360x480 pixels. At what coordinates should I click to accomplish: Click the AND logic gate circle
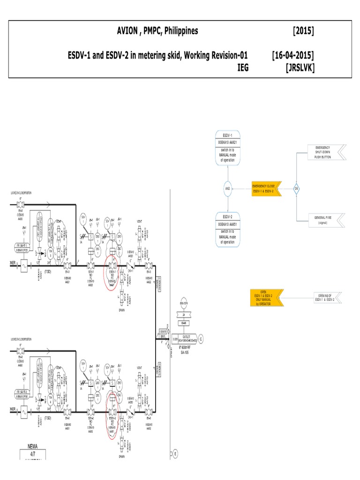tap(228, 188)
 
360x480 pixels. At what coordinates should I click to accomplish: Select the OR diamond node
tap(296, 188)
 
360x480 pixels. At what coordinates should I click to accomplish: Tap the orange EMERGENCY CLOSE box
tap(266, 188)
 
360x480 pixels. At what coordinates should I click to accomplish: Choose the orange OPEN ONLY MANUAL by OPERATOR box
tap(266, 298)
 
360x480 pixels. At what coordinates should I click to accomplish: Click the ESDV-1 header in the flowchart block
tap(228, 135)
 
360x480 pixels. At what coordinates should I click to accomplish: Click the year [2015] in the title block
tap(303, 31)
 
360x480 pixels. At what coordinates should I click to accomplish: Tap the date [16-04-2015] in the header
tap(293, 55)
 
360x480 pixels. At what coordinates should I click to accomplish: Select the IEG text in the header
tap(243, 67)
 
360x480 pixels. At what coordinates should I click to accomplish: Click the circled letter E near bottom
tap(175, 454)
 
